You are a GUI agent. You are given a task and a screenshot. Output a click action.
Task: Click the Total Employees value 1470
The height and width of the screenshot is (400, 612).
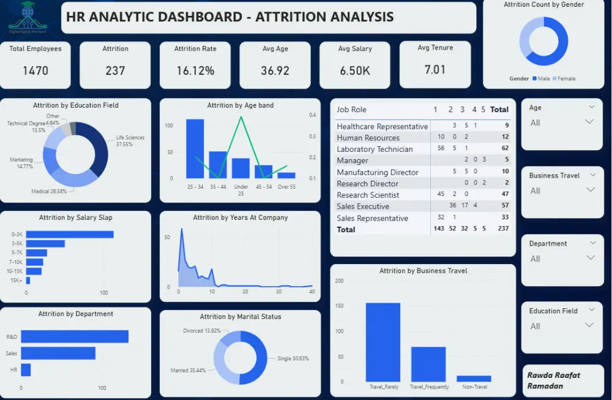(35, 70)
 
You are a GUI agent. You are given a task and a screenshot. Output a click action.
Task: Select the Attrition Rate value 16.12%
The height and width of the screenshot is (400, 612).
(195, 70)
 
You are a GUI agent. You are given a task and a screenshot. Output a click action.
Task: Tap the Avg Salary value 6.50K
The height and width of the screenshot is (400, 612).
(355, 70)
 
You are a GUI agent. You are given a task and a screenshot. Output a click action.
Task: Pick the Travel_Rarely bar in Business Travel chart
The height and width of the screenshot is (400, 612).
(383, 342)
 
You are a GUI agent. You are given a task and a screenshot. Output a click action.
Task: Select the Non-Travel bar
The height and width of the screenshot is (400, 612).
(474, 379)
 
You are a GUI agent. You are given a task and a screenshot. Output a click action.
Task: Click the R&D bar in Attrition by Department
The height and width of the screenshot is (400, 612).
(75, 336)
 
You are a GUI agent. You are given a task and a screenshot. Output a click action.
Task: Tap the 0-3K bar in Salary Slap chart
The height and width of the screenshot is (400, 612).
(70, 234)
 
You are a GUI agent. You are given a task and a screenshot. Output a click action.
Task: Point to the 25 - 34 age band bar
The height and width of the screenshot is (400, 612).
(195, 148)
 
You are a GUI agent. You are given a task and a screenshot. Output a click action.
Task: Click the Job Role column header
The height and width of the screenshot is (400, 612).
(351, 110)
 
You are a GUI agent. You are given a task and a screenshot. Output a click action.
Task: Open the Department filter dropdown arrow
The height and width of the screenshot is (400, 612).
(590, 258)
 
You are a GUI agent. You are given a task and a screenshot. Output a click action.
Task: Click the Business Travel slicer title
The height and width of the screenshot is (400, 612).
(554, 175)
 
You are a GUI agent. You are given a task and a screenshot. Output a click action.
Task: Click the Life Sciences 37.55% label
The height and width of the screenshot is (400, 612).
(130, 140)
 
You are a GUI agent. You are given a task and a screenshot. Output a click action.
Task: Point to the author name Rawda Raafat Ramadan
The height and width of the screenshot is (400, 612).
(553, 380)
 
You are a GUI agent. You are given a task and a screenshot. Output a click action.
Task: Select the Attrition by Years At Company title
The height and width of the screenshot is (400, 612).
(240, 217)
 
